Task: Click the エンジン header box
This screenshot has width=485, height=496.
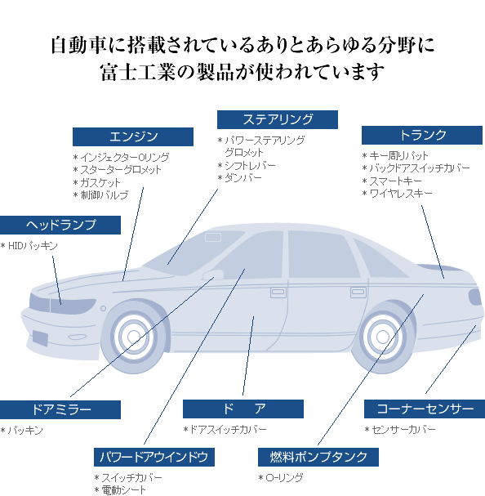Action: click(133, 136)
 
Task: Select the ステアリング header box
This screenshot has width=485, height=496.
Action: click(278, 119)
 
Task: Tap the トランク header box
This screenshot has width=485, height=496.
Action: click(422, 135)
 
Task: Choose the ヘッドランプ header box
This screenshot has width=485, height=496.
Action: click(60, 225)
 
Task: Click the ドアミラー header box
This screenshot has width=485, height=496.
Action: click(60, 409)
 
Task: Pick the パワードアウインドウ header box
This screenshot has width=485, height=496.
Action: click(154, 457)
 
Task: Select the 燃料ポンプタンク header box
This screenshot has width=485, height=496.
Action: click(318, 457)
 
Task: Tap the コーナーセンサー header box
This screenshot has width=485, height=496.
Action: click(425, 409)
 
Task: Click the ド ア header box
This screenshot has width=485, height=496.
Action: click(243, 409)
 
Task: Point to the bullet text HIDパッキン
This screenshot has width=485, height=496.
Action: click(33, 246)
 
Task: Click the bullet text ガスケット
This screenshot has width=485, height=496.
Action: click(100, 182)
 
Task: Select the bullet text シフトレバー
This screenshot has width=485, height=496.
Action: click(250, 165)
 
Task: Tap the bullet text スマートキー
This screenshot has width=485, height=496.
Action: click(395, 181)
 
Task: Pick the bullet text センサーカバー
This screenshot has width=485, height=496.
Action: click(403, 430)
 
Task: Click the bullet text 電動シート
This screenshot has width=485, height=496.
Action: click(124, 490)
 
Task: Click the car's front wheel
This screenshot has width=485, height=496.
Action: click(134, 337)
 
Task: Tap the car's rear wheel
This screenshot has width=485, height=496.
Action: click(383, 337)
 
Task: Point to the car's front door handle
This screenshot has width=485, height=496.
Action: click(278, 293)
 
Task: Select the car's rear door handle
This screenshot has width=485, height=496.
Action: click(358, 293)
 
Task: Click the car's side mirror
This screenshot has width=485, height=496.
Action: click(212, 275)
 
